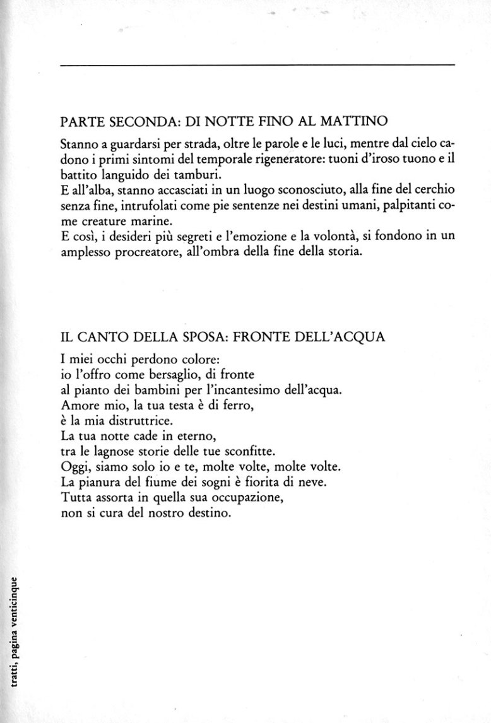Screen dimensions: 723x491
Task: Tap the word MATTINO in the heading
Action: tap(338, 120)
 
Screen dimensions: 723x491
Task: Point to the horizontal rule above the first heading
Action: tap(258, 65)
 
